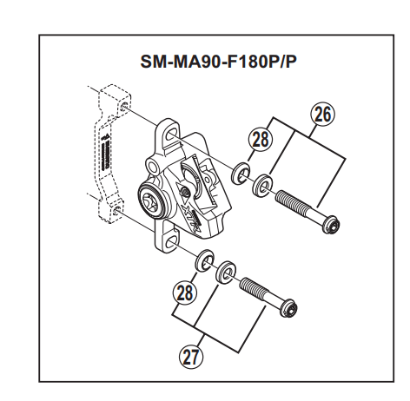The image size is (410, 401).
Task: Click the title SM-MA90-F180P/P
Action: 219,61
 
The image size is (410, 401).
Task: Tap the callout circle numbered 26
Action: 323,115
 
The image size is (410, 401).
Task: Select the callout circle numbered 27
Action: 191,357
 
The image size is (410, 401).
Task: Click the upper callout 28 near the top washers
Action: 261,139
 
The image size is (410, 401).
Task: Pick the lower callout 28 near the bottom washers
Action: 184,292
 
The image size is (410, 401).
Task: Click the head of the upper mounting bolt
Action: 331,224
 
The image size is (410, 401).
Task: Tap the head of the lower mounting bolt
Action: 289,308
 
